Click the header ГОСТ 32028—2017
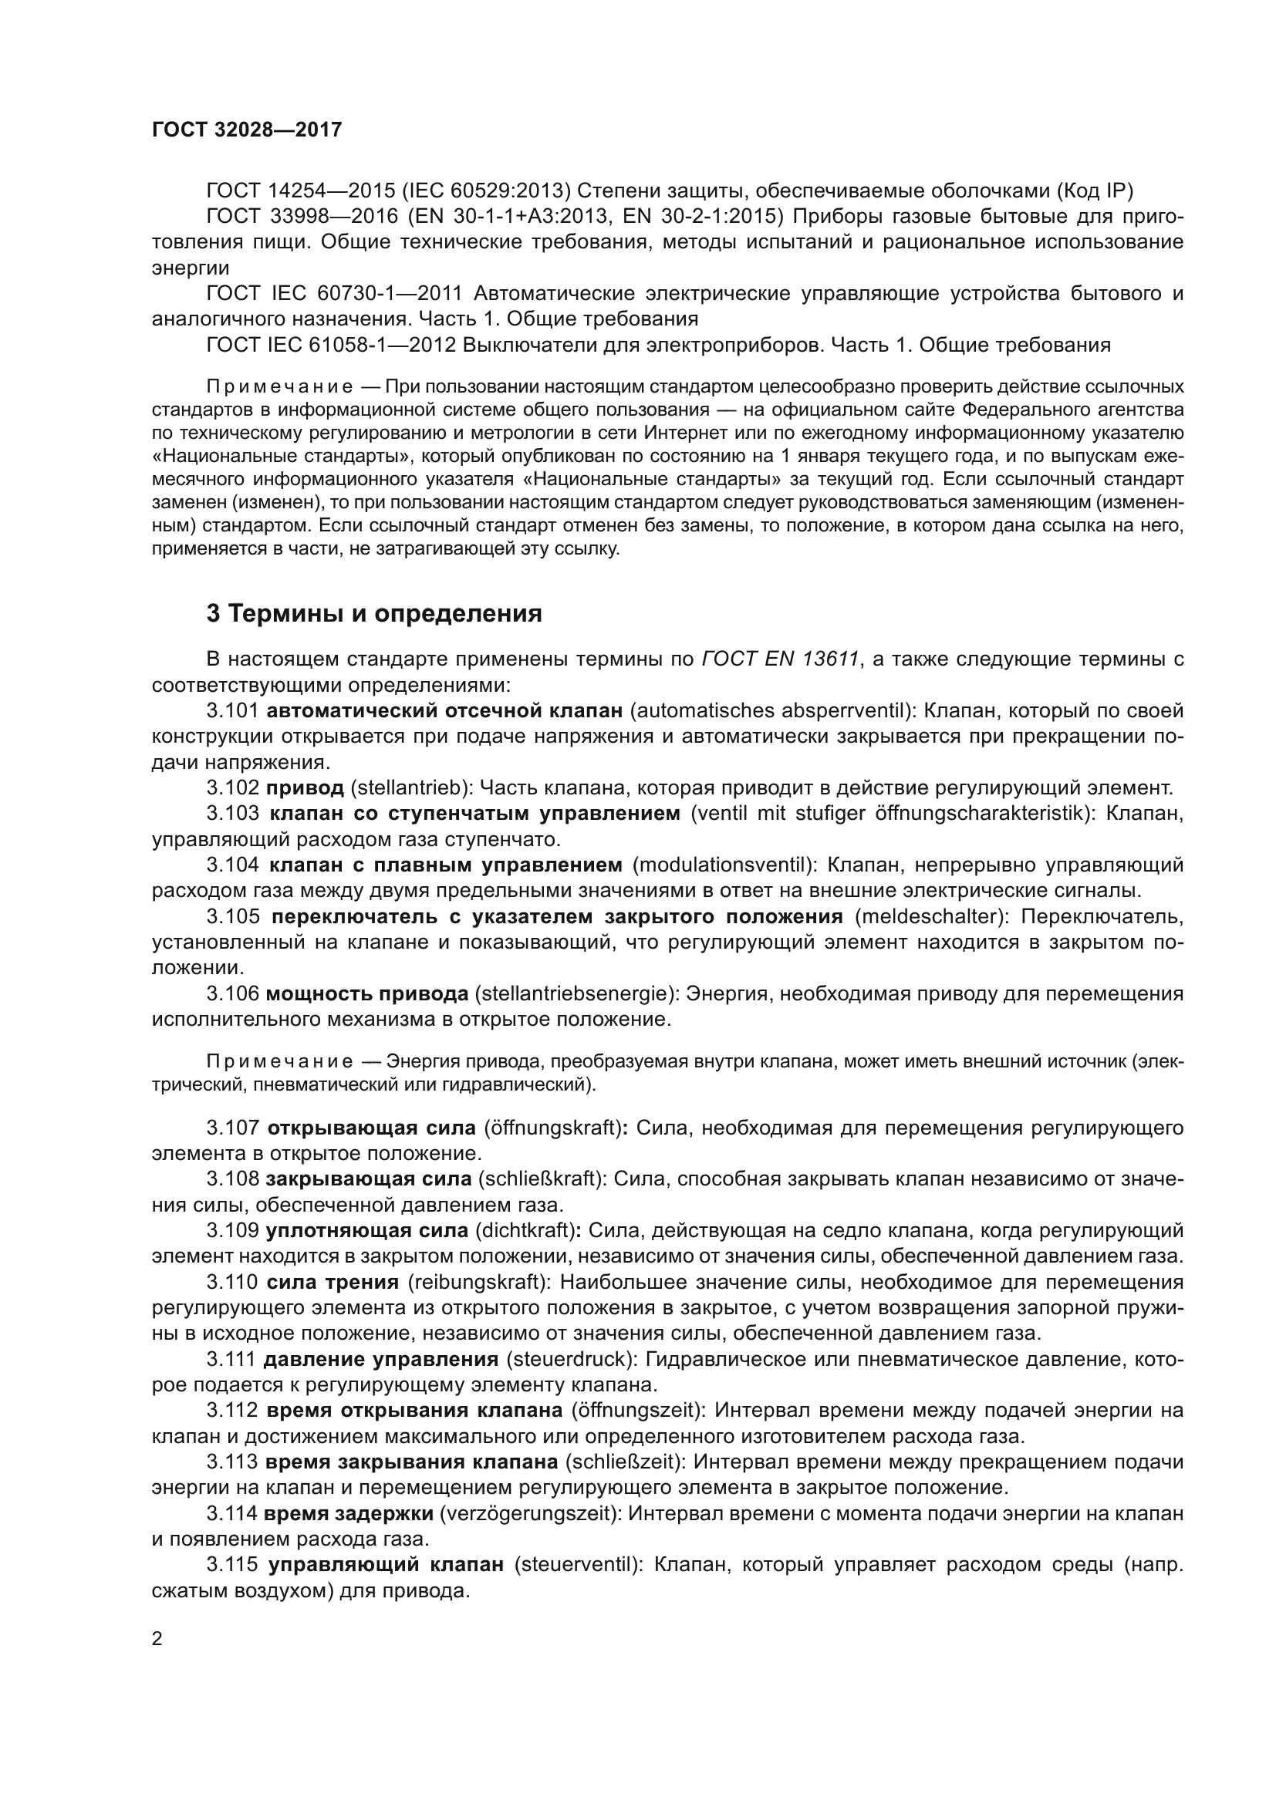(x=247, y=130)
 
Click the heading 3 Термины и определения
(x=374, y=613)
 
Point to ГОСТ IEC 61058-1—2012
(x=331, y=345)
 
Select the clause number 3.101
(x=232, y=711)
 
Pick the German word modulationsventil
(x=721, y=865)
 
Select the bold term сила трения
(x=333, y=1283)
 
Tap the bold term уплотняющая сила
(x=367, y=1230)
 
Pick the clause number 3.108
(x=232, y=1179)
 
